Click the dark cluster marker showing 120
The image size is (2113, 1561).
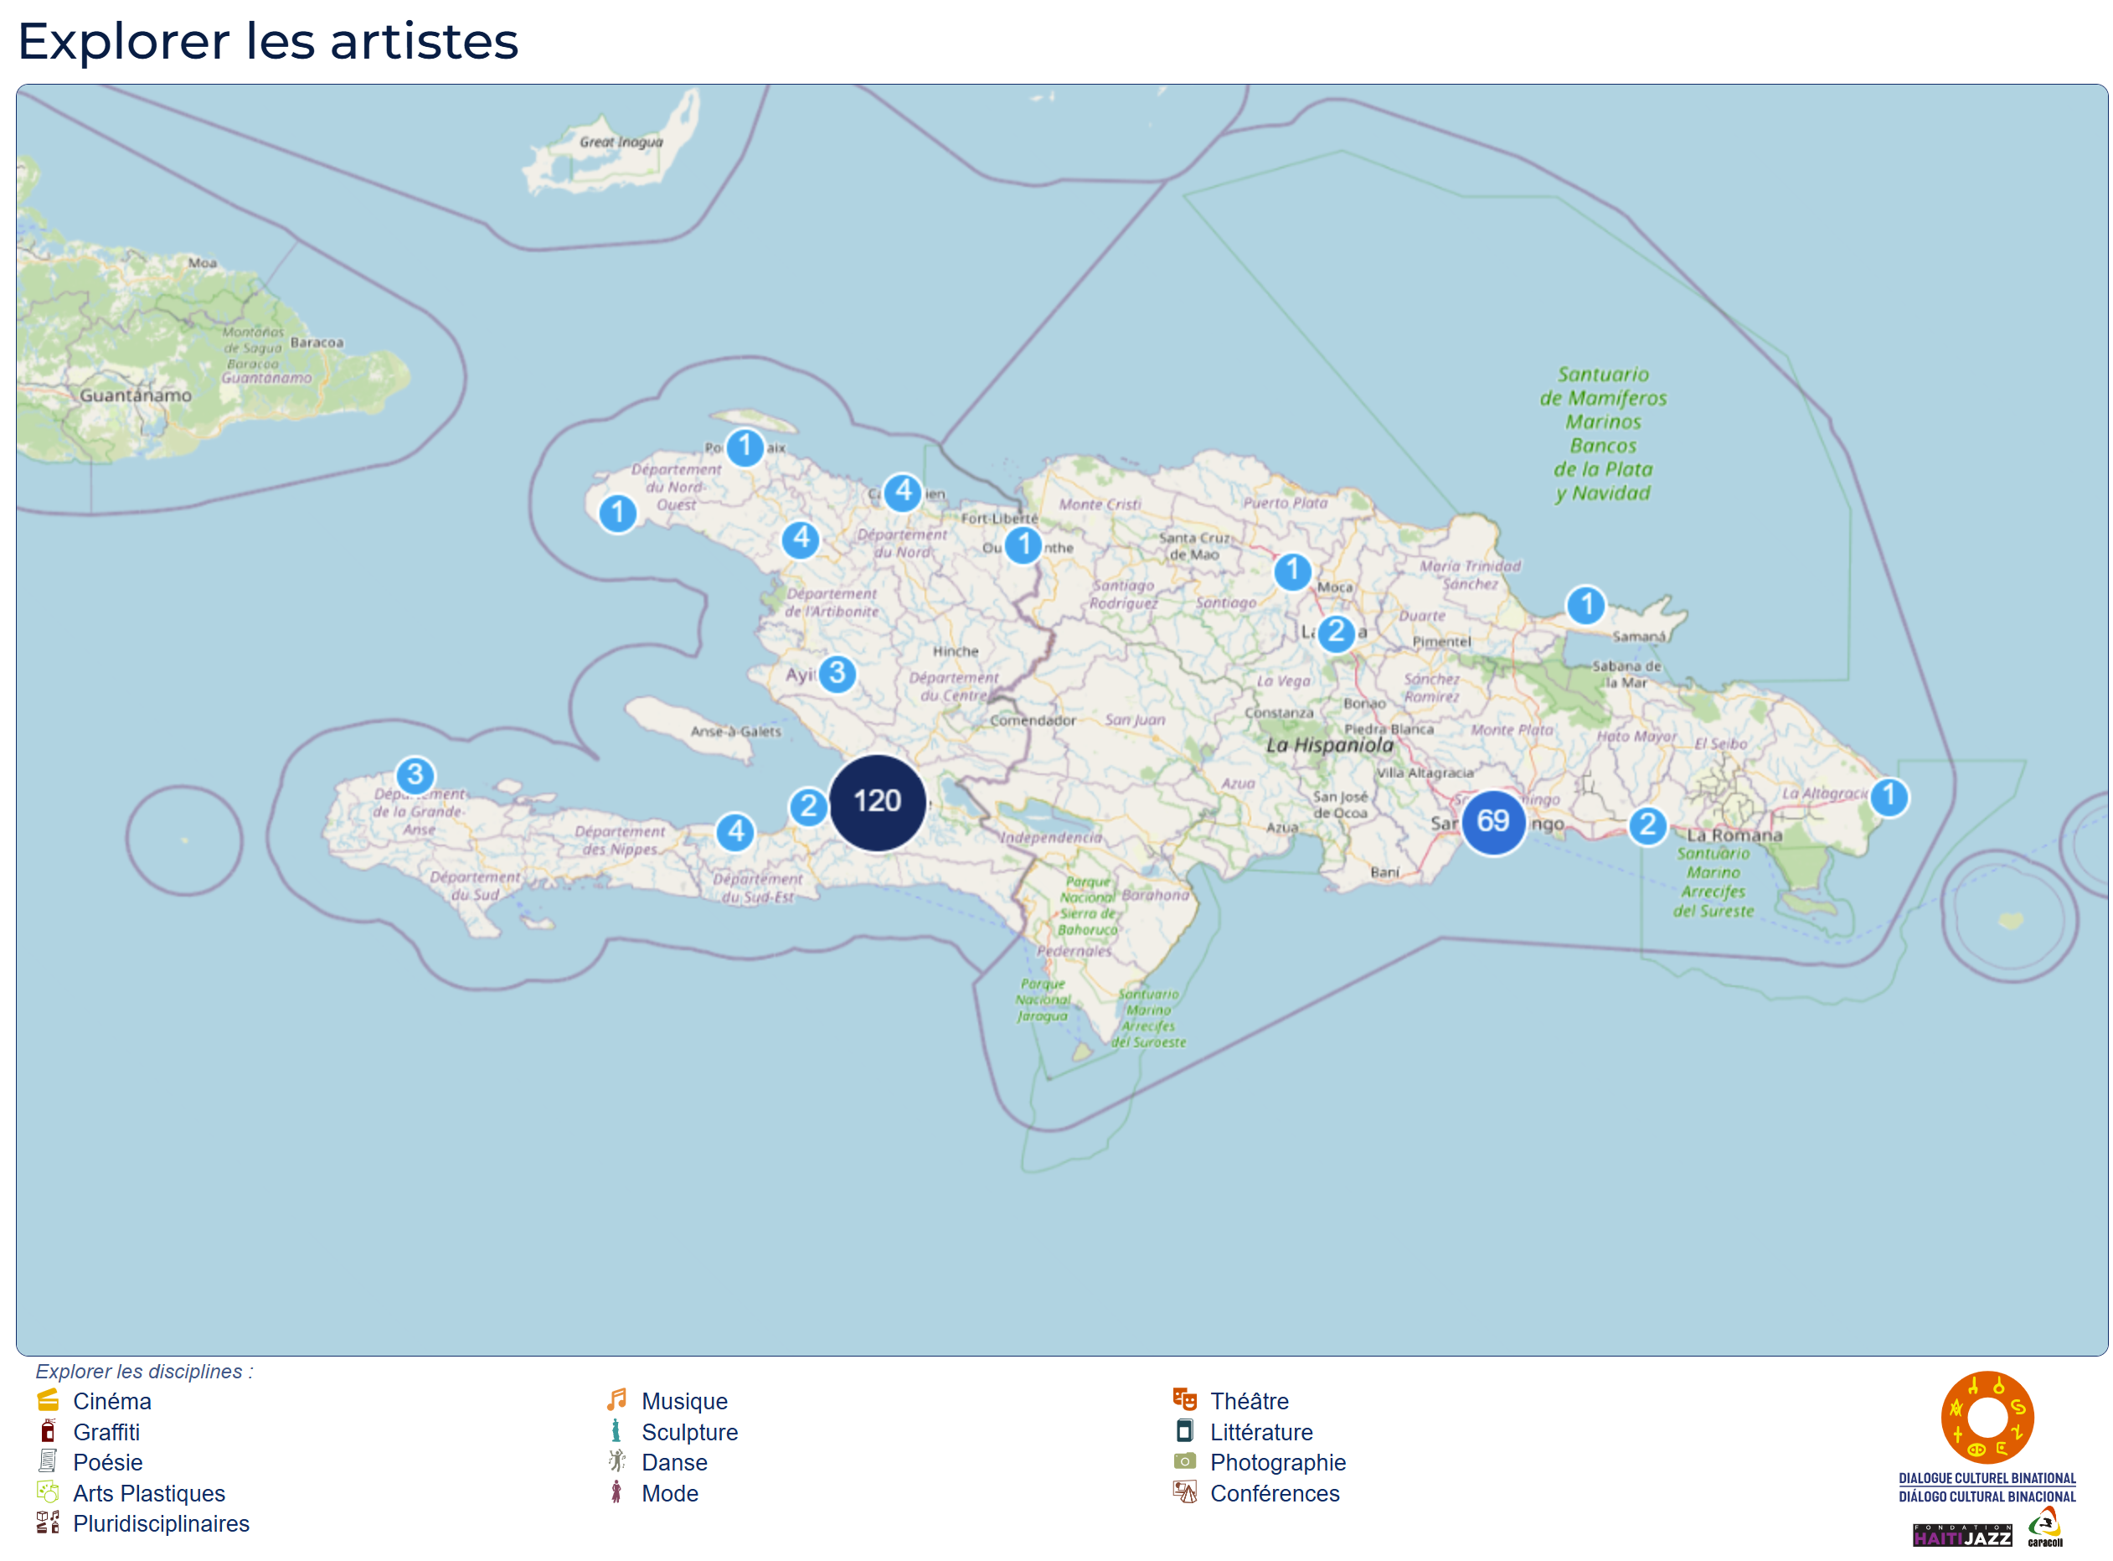877,802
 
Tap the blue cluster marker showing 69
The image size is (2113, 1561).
1492,821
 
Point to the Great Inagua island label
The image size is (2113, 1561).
621,142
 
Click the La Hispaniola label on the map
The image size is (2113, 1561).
1329,745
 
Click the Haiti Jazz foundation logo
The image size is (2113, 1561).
1962,1536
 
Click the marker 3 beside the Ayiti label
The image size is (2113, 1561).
837,674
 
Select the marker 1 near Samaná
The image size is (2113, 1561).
1586,605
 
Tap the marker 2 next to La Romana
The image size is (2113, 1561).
1647,825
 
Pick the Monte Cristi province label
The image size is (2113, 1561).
1100,504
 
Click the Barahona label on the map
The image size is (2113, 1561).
1155,895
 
